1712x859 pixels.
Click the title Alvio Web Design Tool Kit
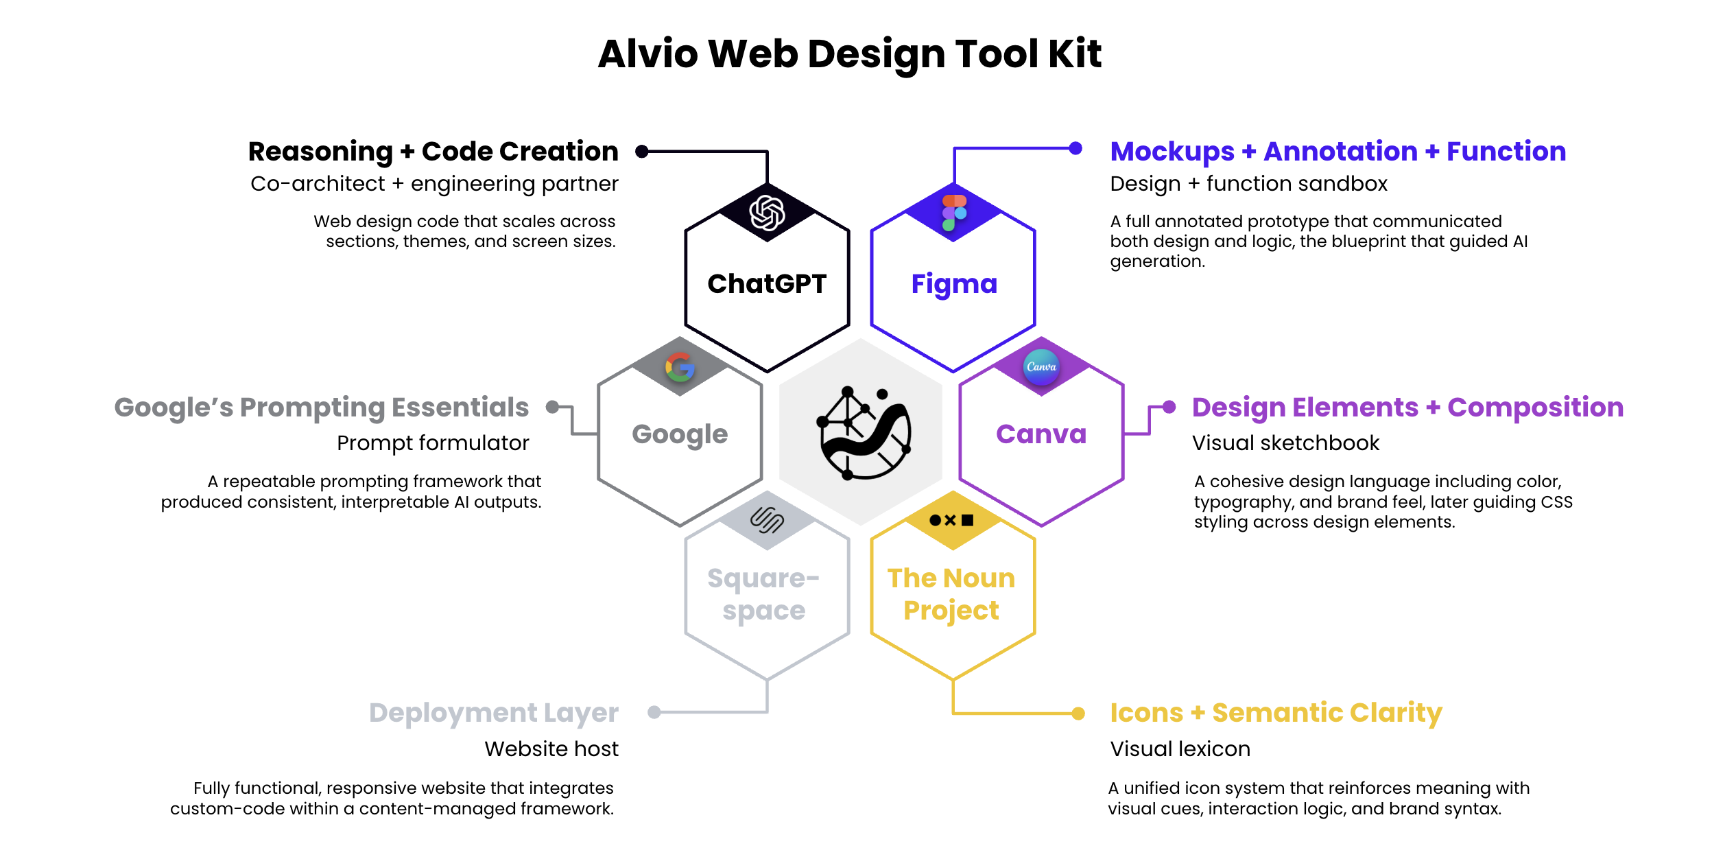pos(849,54)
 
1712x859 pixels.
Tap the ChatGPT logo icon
pos(767,212)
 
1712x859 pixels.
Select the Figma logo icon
pos(953,212)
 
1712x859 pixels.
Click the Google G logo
pos(680,368)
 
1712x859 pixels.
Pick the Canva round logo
pos(1041,366)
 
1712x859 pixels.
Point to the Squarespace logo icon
pos(767,520)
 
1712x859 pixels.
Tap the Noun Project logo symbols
pos(951,520)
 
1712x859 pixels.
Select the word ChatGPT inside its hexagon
pos(767,284)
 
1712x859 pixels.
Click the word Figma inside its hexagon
pos(953,284)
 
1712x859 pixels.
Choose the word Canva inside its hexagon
pos(1041,434)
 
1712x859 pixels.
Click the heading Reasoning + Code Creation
pos(433,152)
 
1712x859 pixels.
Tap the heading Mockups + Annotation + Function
pos(1337,152)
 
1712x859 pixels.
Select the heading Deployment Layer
pos(493,713)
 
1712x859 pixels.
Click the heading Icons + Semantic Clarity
pos(1276,713)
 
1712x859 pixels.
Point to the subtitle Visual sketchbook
pos(1285,443)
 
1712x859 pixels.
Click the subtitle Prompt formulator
pos(433,443)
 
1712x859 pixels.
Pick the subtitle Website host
pos(551,749)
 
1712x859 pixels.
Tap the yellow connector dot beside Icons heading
pos(1078,714)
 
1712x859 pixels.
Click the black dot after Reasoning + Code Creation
pos(642,152)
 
